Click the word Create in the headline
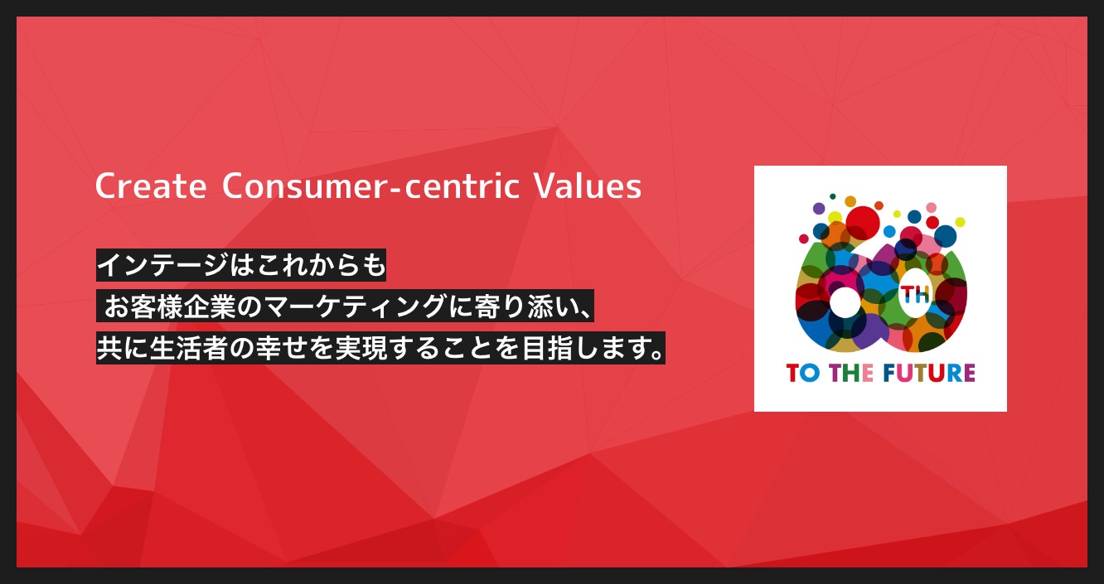pyautogui.click(x=151, y=186)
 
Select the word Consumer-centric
pyautogui.click(x=370, y=186)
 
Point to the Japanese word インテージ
pyautogui.click(x=162, y=265)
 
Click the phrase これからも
pyautogui.click(x=307, y=265)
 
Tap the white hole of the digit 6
pyautogui.click(x=845, y=302)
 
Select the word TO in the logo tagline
pyautogui.click(x=803, y=373)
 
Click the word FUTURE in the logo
pyautogui.click(x=929, y=373)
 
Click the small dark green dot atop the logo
pyautogui.click(x=832, y=196)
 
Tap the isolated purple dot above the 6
pyautogui.click(x=819, y=208)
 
